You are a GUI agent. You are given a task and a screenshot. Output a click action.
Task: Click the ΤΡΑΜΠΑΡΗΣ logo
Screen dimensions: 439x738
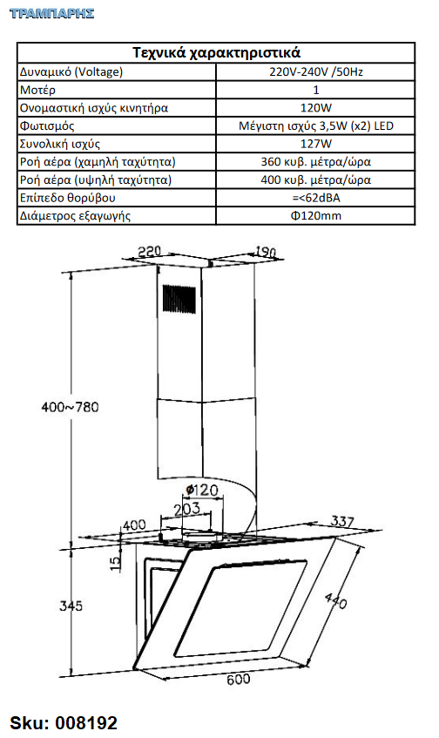51,13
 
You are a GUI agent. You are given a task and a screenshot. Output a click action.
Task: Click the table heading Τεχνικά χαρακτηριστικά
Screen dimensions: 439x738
216,52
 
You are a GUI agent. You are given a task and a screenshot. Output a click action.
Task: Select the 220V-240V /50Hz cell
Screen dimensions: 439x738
315,71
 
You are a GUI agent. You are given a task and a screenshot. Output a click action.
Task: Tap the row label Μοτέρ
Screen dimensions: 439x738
37,90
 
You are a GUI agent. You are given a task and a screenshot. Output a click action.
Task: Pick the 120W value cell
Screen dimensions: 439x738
315,108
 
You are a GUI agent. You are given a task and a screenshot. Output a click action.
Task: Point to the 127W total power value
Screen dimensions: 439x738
315,144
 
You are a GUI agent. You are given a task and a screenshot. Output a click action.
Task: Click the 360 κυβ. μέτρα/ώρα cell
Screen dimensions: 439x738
315,162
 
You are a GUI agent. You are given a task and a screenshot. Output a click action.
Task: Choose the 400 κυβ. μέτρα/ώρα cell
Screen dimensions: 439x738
315,179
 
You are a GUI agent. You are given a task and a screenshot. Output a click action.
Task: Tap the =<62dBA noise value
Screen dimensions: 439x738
315,198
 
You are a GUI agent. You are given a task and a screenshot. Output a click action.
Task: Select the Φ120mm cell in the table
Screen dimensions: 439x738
315,215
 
